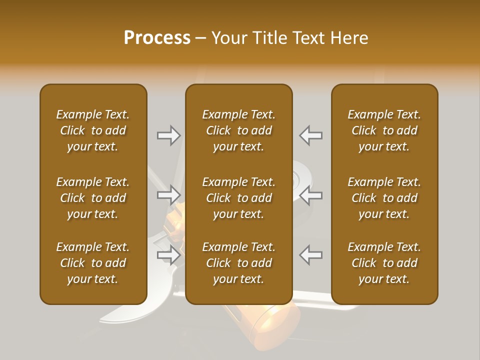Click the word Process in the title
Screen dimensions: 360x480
tap(157, 38)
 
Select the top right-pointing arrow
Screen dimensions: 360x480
tap(169, 135)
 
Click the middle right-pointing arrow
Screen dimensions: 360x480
tap(169, 194)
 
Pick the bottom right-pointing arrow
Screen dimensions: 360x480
tap(169, 255)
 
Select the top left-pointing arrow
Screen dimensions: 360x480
tap(310, 135)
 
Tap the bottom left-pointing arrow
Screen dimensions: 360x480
tap(310, 255)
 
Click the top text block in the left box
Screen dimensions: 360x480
tap(93, 130)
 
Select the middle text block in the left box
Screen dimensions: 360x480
tap(93, 198)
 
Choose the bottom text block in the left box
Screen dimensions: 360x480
tap(93, 263)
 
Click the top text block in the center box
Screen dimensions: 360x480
tap(238, 130)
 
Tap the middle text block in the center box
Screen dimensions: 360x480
tap(238, 198)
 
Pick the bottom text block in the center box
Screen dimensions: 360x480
tap(238, 263)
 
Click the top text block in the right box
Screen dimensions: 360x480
tap(384, 130)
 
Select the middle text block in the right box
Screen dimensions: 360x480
tap(384, 198)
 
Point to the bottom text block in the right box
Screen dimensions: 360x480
tap(384, 263)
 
